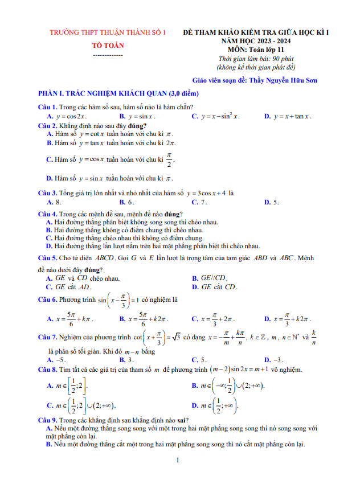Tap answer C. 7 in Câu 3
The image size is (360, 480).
coord(199,202)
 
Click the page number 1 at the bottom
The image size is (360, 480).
coord(178,460)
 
